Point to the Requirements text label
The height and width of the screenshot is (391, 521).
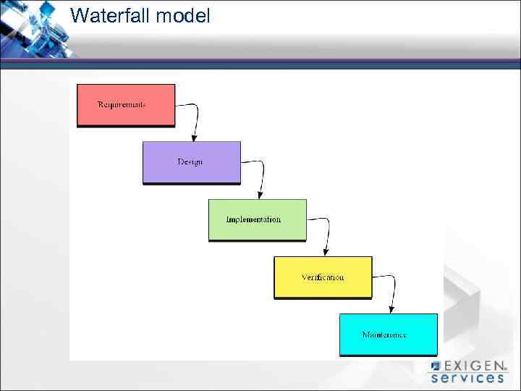coord(122,104)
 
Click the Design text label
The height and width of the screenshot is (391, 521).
coord(190,161)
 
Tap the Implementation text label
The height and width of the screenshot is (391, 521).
coord(253,219)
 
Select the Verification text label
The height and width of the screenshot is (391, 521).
coord(323,277)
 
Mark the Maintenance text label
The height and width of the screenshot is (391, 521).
coord(384,335)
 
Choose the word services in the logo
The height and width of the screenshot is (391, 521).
coord(467,377)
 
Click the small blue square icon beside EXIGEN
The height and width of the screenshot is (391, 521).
coord(436,366)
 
